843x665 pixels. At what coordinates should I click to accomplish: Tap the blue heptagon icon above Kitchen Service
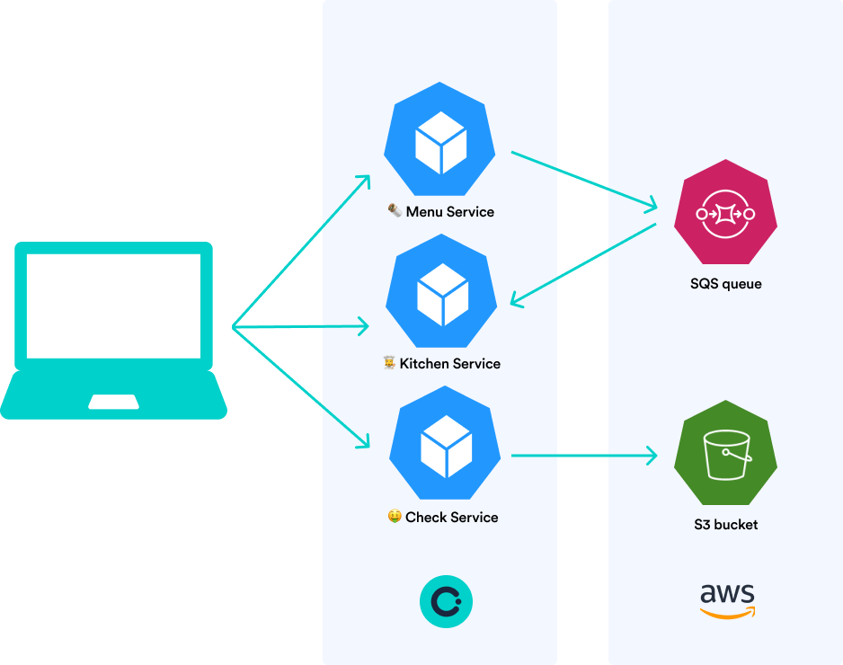point(443,291)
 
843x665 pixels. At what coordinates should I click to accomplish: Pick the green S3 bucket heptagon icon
point(726,455)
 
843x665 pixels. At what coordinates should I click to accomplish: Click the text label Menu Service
point(449,212)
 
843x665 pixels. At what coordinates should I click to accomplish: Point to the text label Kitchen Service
point(449,364)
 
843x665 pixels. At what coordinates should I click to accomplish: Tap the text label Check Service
point(451,518)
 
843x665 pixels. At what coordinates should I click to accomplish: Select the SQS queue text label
point(726,284)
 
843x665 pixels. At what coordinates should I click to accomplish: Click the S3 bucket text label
point(726,525)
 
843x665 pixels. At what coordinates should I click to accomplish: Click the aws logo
point(727,600)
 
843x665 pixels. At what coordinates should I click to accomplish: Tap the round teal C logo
point(446,601)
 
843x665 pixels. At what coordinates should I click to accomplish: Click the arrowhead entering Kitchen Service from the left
point(363,326)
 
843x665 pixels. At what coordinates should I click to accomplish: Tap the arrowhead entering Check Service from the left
point(363,441)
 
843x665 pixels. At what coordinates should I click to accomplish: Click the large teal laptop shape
point(162,328)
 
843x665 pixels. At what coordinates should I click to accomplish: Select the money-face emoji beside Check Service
point(394,517)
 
